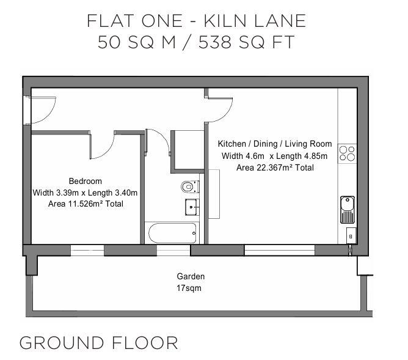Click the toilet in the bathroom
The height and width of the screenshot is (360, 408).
(189, 186)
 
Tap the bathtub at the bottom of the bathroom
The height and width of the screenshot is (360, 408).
(172, 233)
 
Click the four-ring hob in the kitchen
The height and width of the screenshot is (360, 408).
(347, 152)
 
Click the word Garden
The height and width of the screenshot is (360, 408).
(191, 276)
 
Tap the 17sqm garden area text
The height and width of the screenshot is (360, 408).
(189, 288)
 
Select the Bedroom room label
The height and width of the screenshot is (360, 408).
(85, 182)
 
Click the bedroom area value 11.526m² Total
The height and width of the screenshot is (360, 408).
(85, 204)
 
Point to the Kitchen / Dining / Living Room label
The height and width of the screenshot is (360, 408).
(275, 144)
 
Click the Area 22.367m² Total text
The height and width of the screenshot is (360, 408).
(275, 167)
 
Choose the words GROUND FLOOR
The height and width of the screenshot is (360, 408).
(99, 342)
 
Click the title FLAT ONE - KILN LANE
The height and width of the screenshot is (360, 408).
(196, 21)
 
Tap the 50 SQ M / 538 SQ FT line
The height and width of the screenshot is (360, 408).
(196, 43)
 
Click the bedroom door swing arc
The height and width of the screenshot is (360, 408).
(104, 144)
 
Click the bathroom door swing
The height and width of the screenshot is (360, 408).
(158, 142)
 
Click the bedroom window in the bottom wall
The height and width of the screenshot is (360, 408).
(87, 250)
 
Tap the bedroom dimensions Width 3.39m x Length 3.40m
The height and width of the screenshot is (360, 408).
(85, 193)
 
